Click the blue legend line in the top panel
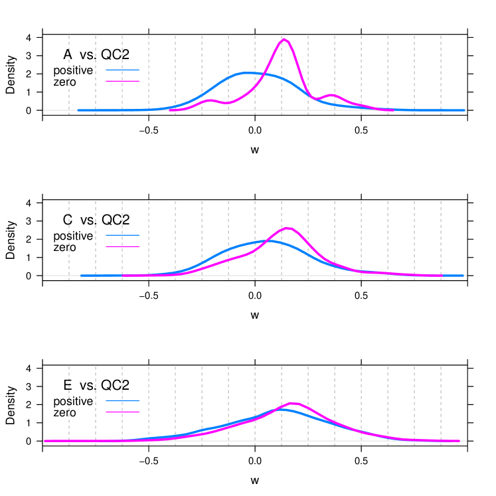[122, 69]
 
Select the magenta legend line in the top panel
[122, 81]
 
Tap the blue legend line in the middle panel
[122, 234]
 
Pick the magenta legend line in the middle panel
[122, 246]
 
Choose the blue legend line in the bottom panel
[122, 400]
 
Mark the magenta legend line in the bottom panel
[122, 412]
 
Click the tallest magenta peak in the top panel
[284, 40]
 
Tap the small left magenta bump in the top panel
[210, 100]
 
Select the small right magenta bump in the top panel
[331, 96]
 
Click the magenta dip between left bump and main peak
[226, 103]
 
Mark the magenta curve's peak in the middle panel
[288, 228]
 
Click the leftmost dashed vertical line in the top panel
[69, 73]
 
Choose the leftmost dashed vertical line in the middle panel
[69, 239]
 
